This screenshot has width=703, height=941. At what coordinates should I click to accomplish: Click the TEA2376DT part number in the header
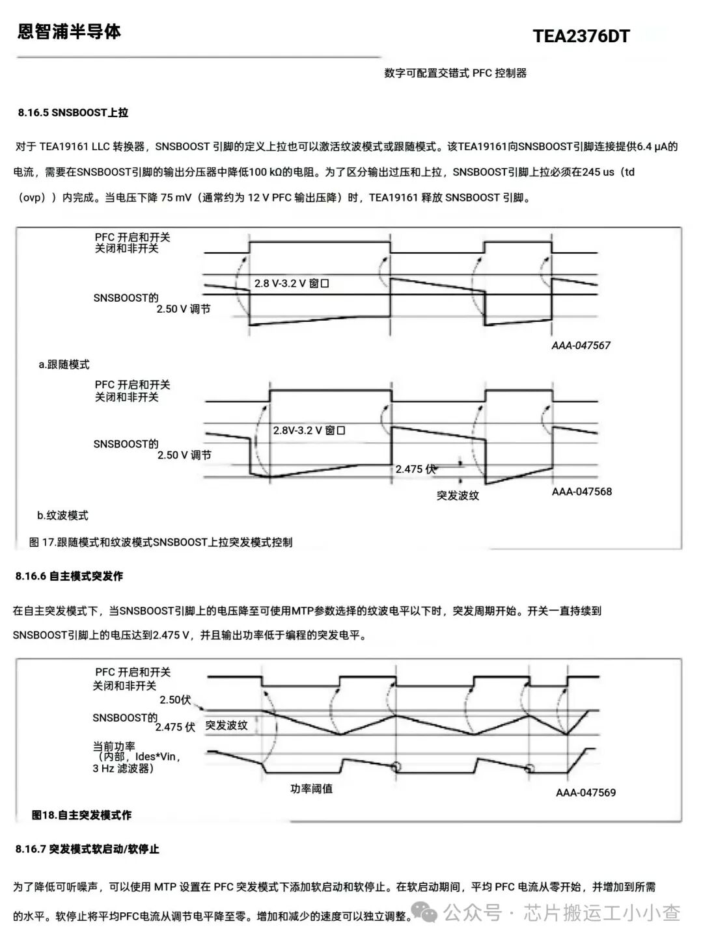click(581, 36)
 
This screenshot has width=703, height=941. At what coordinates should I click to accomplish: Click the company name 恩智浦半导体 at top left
click(69, 31)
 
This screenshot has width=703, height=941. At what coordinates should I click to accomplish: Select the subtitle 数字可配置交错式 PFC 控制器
click(455, 73)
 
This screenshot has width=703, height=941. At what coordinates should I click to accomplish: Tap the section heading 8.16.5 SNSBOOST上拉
click(73, 113)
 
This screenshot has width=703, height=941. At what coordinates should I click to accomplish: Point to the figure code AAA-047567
click(581, 345)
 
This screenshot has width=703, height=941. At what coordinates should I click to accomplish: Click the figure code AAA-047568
click(582, 491)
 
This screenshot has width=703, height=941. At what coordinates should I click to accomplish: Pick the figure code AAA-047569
click(586, 792)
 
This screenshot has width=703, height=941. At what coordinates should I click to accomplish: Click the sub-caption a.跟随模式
click(64, 364)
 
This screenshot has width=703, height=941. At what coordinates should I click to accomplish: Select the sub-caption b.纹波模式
click(62, 515)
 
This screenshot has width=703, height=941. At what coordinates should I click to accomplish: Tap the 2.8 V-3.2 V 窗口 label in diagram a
click(292, 284)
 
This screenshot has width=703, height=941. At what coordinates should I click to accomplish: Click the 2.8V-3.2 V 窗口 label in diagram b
click(309, 430)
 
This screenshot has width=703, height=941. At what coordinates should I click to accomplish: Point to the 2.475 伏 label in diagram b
click(415, 469)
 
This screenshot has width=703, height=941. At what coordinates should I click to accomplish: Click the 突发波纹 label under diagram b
click(458, 496)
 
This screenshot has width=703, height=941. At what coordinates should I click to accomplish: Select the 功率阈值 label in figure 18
click(311, 788)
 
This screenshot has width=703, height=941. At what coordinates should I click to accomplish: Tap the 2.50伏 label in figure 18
click(175, 700)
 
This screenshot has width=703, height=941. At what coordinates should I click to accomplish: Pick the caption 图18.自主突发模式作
click(81, 815)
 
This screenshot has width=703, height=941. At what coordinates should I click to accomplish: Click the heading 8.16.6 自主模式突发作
click(69, 576)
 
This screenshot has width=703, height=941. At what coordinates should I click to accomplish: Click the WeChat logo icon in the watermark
click(424, 912)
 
